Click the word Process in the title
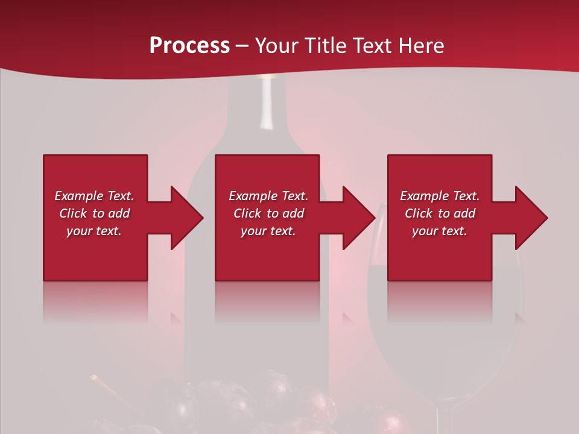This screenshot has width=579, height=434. pyautogui.click(x=189, y=46)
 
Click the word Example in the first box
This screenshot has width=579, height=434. pyautogui.click(x=78, y=196)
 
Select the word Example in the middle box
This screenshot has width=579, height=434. pyautogui.click(x=253, y=196)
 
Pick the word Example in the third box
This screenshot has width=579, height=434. pyautogui.click(x=424, y=196)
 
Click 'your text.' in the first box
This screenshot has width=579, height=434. pyautogui.click(x=94, y=231)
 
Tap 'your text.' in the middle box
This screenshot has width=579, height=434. pyautogui.click(x=268, y=231)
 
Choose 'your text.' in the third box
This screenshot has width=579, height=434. pyautogui.click(x=440, y=231)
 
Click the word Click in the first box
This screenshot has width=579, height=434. pyautogui.click(x=74, y=213)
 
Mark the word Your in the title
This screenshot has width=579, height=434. pyautogui.click(x=276, y=46)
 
